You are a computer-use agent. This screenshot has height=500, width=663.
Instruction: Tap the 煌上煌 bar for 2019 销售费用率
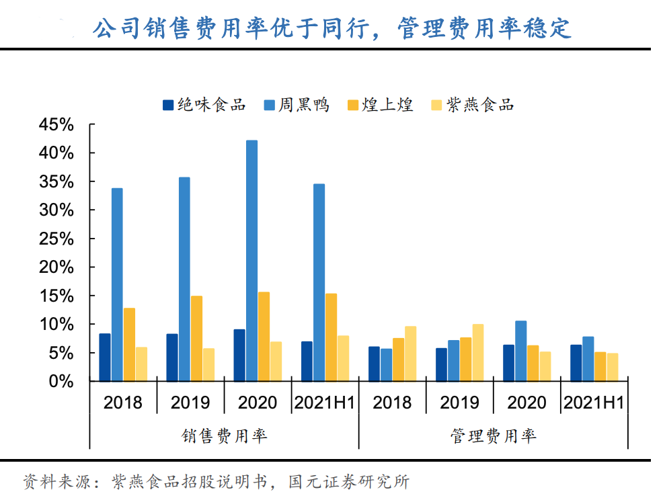pos(196,339)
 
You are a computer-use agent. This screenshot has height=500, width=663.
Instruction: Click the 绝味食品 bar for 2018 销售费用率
pos(105,358)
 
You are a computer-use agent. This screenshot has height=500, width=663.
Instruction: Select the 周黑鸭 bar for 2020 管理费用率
pos(520,351)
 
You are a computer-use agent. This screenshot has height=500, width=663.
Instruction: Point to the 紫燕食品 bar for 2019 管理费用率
pos(477,353)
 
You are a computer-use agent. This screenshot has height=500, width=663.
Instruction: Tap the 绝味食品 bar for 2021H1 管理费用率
pos(576,363)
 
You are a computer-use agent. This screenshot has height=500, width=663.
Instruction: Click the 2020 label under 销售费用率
pos(258,403)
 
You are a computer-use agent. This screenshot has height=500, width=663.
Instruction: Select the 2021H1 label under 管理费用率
pos(594,403)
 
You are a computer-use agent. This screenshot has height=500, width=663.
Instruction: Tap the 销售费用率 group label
pos(224,436)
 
